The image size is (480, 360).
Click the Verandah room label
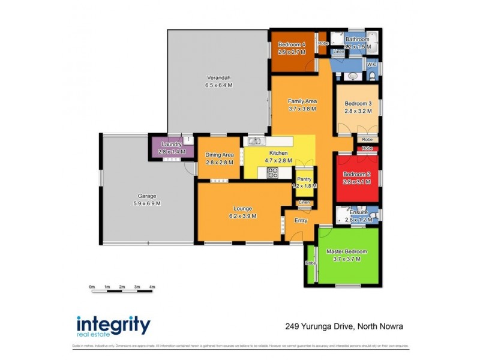[x=219, y=77]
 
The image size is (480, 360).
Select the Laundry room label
[x=172, y=144]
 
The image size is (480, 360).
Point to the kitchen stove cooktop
[x=272, y=173]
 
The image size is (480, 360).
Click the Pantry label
[x=304, y=179]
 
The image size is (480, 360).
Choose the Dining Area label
[x=219, y=155]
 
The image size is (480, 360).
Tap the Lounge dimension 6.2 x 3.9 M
[x=239, y=216]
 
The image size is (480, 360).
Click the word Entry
[x=301, y=220]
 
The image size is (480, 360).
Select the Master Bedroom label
[x=346, y=251]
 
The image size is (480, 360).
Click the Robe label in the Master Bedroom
[x=310, y=263]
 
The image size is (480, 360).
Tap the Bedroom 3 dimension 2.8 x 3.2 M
[x=358, y=110]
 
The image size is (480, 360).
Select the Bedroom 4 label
[x=292, y=44]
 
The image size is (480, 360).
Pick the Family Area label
[x=302, y=101]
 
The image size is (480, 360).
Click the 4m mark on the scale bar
[x=152, y=287]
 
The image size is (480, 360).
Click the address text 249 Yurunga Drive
[x=319, y=326]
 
